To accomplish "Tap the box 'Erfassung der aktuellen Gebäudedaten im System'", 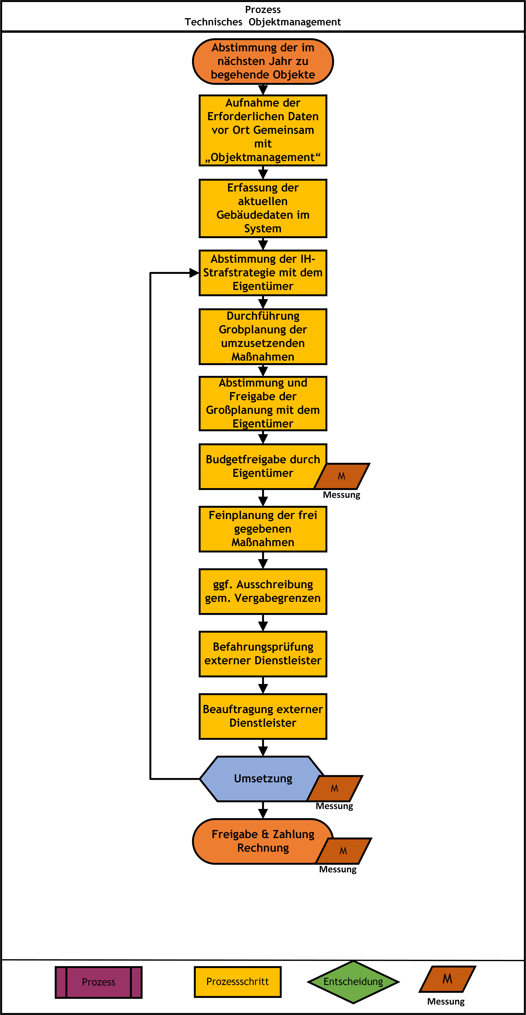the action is coord(263,208).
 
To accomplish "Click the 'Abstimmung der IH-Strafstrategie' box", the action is coord(263,273).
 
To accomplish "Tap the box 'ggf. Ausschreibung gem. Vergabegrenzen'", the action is coord(263,591).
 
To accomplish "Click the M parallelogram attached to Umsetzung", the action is coord(335,788).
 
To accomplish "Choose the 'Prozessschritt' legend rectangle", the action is coord(238,981).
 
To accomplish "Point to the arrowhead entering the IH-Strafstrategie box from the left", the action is coord(194,273).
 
